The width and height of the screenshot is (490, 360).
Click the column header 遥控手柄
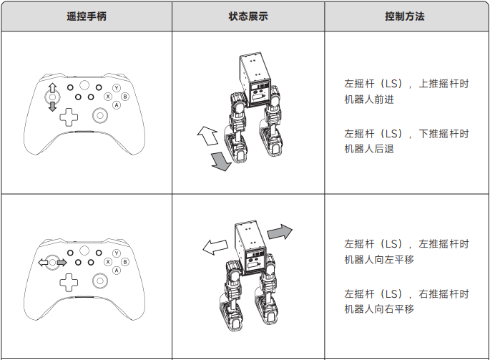point(87,16)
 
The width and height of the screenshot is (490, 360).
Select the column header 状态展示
point(248,16)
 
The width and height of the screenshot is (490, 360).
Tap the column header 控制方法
point(405,16)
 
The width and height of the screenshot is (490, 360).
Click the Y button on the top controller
point(117,88)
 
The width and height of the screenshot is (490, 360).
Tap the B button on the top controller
point(125,97)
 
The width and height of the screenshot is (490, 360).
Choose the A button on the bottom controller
point(117,271)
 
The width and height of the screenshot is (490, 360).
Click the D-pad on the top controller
point(69,117)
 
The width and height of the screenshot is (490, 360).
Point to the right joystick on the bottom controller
point(100,281)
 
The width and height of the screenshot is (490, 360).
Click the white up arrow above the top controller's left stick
point(52,88)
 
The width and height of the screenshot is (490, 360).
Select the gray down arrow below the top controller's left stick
point(52,107)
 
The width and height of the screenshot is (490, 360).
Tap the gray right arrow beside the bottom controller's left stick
point(62,263)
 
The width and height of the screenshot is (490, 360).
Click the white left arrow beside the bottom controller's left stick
point(43,263)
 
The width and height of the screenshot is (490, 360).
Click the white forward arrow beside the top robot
point(208,135)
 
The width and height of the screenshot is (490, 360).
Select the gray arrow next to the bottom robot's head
point(280,232)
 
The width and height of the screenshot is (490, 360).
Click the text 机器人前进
point(369,99)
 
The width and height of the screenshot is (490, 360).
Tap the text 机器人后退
point(369,149)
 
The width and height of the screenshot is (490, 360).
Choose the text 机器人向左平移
point(379,259)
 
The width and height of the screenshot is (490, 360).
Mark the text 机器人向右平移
point(379,309)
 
